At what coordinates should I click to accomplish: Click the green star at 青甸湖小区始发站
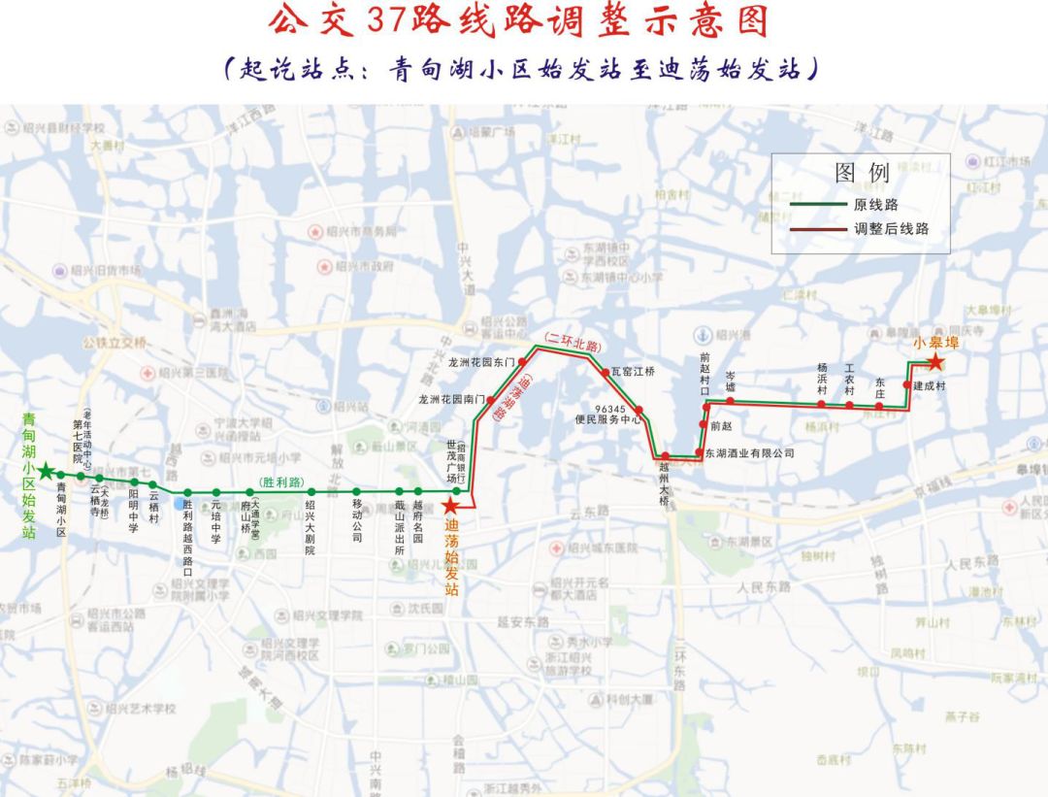[45, 471]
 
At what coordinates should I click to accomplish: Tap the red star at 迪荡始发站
[451, 506]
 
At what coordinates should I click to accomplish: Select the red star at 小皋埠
[934, 363]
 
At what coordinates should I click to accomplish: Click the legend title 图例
[862, 174]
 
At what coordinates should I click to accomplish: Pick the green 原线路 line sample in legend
[817, 205]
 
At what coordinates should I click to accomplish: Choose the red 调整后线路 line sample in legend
[817, 229]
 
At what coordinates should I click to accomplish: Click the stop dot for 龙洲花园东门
[521, 361]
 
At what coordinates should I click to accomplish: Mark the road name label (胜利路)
[282, 482]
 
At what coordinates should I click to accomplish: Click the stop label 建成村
[929, 385]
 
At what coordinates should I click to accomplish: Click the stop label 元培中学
[215, 521]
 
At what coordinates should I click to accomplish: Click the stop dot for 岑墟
[730, 402]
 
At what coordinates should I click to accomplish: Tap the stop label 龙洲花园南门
[452, 399]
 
